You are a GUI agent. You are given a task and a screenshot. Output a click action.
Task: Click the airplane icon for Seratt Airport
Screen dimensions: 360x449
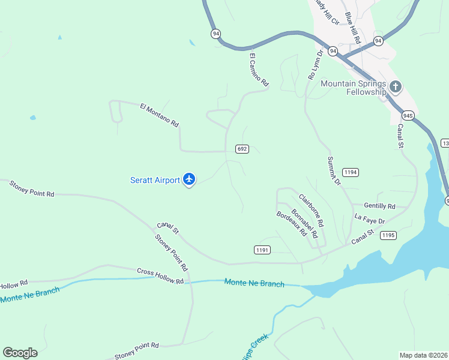189,179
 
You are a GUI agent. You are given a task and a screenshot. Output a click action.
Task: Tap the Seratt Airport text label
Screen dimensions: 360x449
155,180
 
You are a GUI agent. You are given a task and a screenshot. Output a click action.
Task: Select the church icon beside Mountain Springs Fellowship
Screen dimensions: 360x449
395,87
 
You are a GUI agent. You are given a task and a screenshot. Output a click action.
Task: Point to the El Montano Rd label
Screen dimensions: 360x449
159,115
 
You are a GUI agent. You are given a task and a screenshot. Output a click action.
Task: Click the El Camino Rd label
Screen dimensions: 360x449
258,71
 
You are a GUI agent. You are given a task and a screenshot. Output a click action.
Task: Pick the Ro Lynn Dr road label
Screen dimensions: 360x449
315,65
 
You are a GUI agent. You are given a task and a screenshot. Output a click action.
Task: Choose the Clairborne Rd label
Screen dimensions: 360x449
312,209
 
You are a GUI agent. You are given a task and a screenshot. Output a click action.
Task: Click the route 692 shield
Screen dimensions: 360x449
242,149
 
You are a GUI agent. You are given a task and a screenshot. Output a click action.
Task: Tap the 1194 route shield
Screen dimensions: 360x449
351,172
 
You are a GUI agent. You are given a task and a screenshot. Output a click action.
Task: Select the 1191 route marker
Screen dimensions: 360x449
262,250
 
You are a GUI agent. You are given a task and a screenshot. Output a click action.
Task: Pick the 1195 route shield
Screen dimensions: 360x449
388,235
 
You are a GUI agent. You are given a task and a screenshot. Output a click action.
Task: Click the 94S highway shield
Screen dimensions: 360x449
408,115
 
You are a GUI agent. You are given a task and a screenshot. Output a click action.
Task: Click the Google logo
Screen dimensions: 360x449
20,353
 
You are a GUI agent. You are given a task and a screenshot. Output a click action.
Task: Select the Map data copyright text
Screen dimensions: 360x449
423,355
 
